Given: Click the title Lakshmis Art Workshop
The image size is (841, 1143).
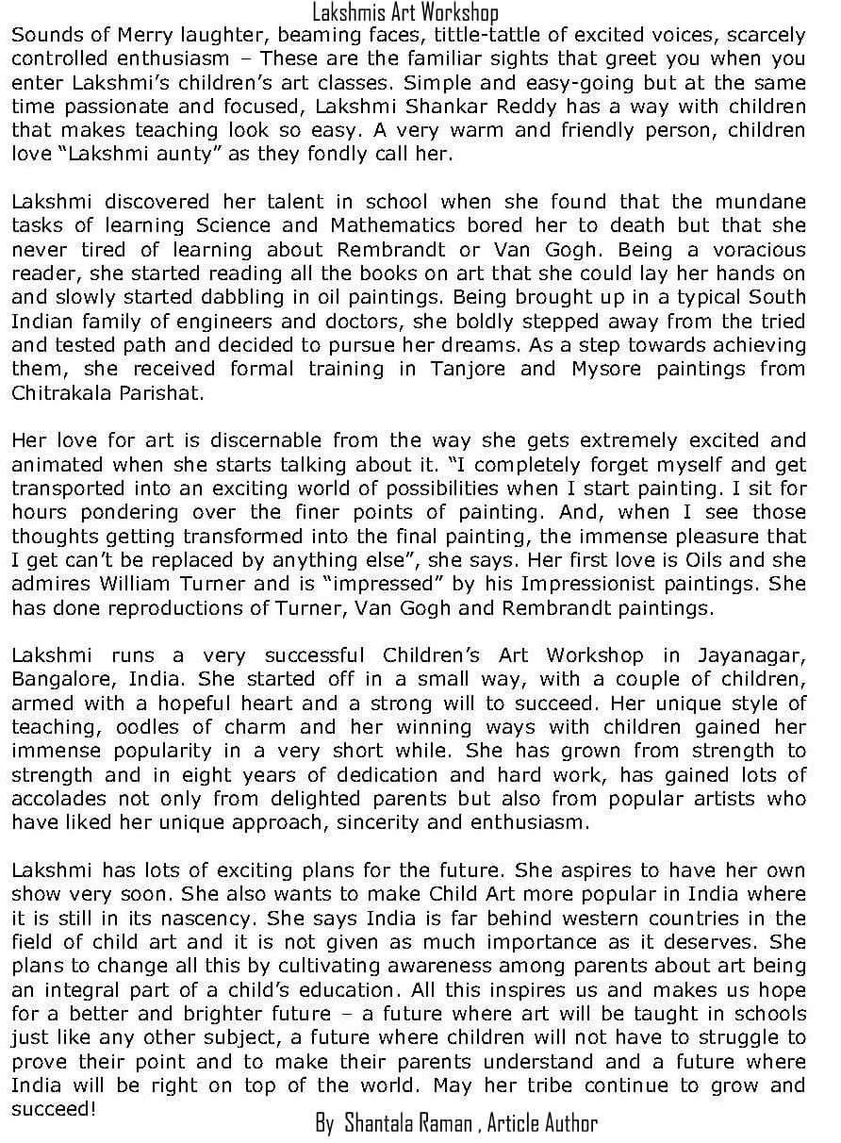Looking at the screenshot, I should tap(405, 12).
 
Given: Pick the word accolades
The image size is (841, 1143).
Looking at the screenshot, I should tap(54, 798).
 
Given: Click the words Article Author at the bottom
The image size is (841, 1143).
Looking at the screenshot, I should tap(542, 1123).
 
